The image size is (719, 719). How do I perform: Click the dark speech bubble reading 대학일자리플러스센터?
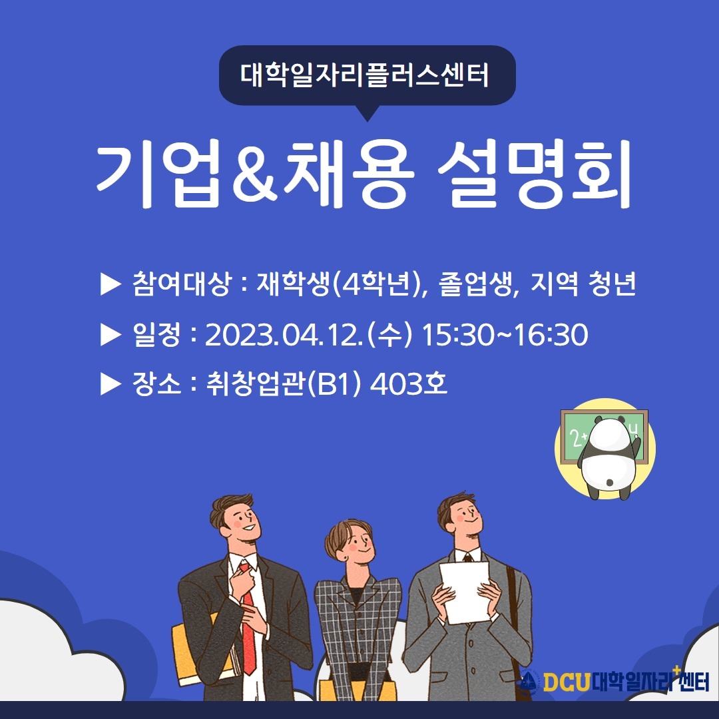367,76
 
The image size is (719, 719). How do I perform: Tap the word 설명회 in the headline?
535,173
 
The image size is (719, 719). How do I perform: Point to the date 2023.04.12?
283,335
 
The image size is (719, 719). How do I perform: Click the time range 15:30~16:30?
505,335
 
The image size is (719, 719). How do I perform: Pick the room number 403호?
408,383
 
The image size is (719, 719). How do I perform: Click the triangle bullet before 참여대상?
111,284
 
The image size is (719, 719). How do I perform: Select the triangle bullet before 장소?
111,384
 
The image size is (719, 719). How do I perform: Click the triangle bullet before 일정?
111,335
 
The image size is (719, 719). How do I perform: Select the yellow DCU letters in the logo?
567,682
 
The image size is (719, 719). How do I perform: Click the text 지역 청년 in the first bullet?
583,284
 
